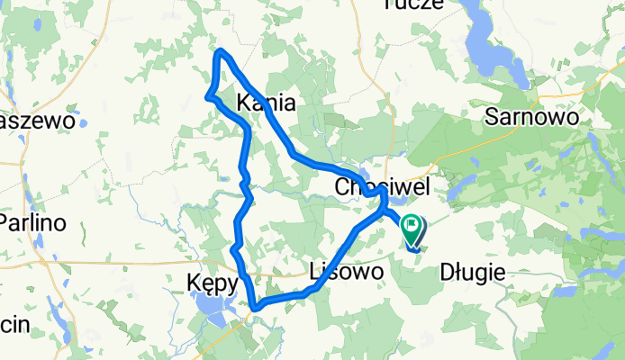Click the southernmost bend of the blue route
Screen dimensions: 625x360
257,308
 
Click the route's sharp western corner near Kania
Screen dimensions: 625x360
208,95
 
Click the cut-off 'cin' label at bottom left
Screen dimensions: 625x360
14,324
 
